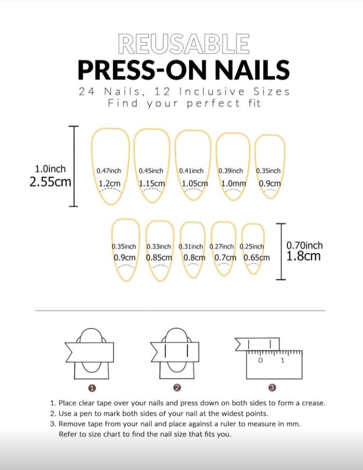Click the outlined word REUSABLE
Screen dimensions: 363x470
click(x=184, y=44)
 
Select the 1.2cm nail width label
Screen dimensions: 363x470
click(x=109, y=183)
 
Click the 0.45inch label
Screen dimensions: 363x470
click(x=151, y=171)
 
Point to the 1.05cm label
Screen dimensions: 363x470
click(x=195, y=183)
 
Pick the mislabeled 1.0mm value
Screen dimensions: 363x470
click(x=233, y=183)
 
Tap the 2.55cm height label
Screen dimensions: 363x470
click(x=50, y=182)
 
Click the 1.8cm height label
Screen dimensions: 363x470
click(x=304, y=256)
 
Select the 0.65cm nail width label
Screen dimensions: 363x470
click(x=256, y=258)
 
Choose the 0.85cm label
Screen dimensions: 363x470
click(x=159, y=258)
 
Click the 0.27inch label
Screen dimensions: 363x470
click(x=221, y=247)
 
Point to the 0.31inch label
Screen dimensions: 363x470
click(x=191, y=247)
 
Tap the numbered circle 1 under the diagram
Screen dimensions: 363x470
click(x=92, y=388)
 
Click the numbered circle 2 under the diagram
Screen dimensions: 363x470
click(x=177, y=388)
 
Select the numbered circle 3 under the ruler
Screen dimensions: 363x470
click(x=272, y=388)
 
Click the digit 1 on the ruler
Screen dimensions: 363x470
click(x=282, y=360)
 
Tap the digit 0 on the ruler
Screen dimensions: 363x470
click(x=260, y=360)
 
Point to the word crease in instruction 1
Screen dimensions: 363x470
click(x=313, y=403)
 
